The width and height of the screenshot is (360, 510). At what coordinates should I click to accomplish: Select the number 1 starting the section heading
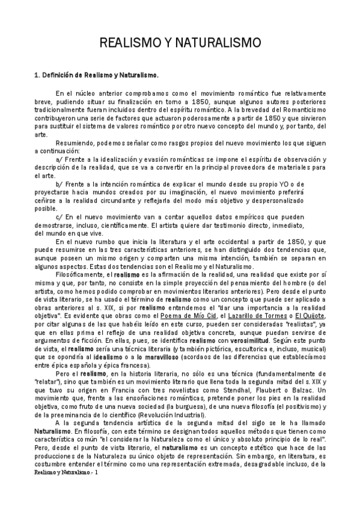pos(36,76)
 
